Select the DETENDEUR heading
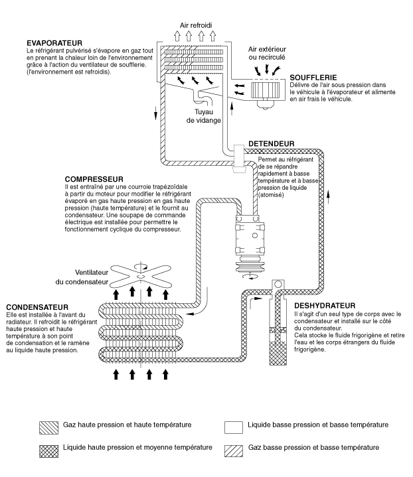coord(271,143)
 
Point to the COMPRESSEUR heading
coord(96,179)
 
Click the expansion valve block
coord(238,158)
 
